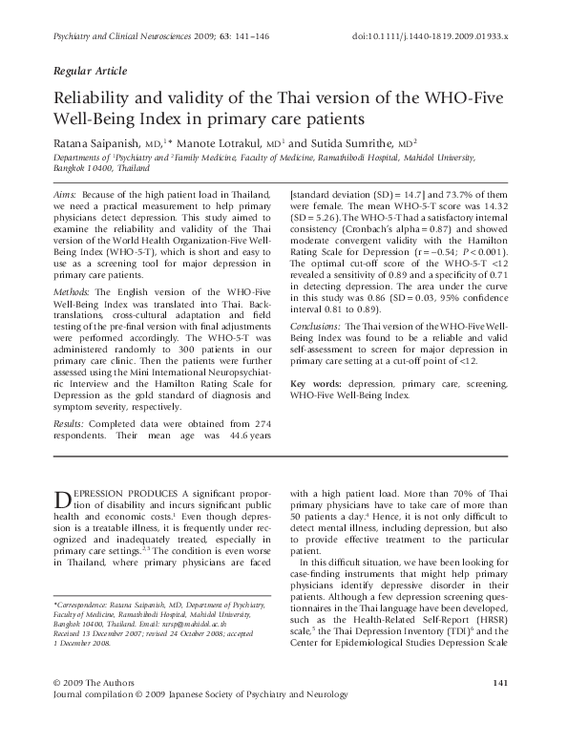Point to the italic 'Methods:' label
(72, 289)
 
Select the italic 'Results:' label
(69, 422)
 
